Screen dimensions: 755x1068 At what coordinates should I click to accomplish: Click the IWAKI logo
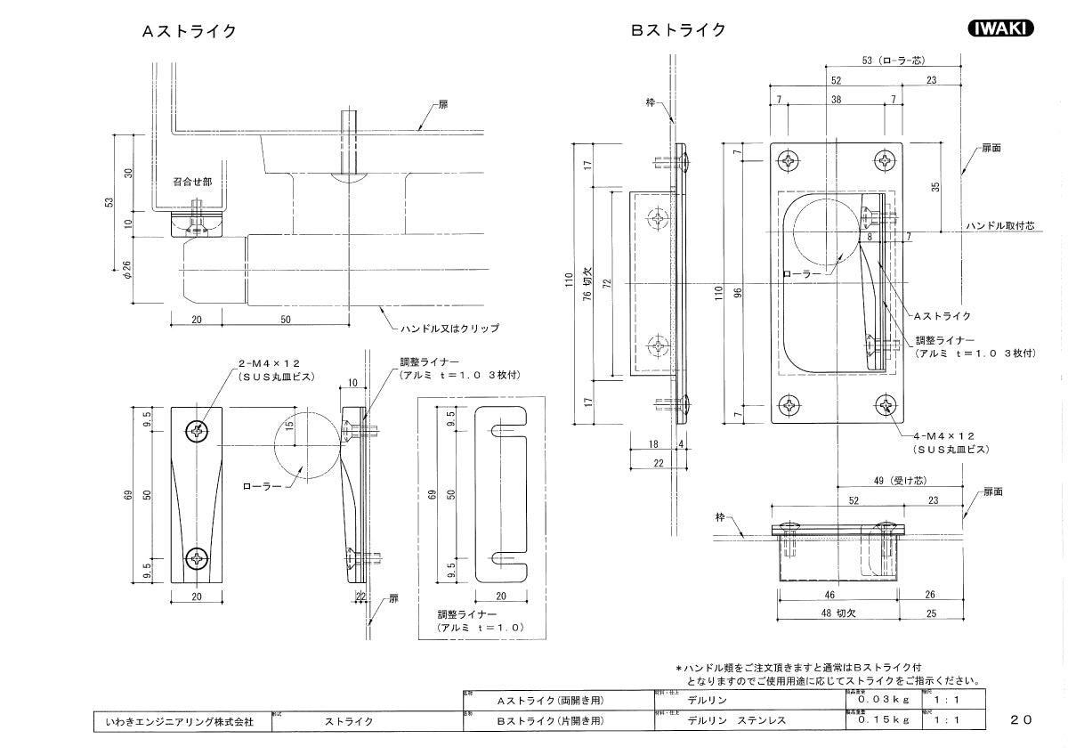pos(999,28)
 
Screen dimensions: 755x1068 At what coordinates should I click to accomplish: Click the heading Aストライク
pos(189,31)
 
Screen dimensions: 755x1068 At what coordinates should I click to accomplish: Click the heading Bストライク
pos(678,30)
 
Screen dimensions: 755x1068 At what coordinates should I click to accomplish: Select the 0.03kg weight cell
pos(878,702)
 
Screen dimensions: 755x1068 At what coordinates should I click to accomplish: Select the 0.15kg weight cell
pos(878,720)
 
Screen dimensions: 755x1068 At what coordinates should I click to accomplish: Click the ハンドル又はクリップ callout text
pos(449,328)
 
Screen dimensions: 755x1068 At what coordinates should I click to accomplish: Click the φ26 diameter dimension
pos(126,269)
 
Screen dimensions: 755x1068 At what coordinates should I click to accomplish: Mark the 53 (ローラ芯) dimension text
pos(894,61)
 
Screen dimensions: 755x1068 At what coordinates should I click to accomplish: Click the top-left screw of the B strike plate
pos(789,161)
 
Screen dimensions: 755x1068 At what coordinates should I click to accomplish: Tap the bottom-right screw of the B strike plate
pos(886,405)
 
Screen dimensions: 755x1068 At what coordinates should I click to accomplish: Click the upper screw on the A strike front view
pos(197,432)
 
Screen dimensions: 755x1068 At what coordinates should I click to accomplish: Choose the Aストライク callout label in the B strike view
pos(942,316)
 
